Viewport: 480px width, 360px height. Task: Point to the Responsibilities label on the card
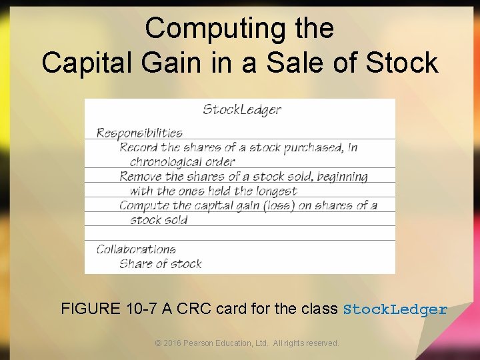tap(139, 133)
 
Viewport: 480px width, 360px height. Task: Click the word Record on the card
tap(139, 147)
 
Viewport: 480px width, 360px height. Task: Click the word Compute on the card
tap(144, 205)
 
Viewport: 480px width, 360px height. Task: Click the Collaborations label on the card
tap(136, 249)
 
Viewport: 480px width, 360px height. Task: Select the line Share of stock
tap(160, 264)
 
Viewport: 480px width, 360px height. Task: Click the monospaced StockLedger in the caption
tap(395, 309)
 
